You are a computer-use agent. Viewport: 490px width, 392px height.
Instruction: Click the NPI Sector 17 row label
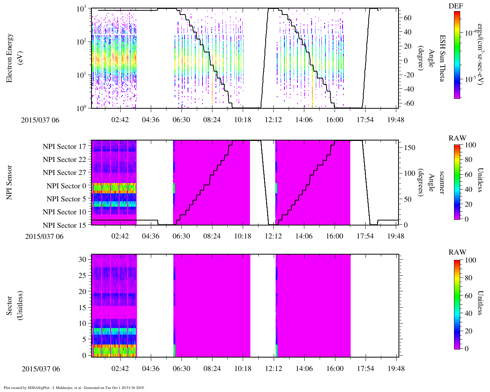64,147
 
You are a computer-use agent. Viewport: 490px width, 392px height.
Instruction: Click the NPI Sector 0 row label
66,186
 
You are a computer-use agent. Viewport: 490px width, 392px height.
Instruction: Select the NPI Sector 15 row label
64,225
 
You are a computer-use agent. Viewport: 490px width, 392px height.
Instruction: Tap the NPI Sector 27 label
64,173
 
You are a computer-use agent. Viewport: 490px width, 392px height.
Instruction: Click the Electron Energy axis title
13,58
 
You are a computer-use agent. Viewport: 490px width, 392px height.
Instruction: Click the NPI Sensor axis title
10,182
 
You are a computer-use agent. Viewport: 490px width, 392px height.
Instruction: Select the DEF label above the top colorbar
456,6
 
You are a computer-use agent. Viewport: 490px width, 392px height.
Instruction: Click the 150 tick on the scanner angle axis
410,148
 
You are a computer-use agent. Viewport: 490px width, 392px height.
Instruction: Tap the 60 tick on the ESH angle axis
408,18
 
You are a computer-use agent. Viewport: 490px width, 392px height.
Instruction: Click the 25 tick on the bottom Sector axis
83,275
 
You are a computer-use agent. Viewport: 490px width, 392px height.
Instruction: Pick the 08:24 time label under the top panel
212,120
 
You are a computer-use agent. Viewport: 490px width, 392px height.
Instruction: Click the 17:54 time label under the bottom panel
365,369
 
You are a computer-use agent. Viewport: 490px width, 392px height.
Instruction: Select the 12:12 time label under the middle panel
273,236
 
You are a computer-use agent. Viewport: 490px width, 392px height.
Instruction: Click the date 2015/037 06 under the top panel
40,120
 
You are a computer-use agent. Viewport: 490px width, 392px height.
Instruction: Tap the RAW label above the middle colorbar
457,138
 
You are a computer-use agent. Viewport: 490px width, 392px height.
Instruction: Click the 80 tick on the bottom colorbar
469,278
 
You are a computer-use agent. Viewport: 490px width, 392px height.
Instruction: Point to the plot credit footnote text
74,387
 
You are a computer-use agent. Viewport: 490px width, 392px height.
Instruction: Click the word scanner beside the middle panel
442,182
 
